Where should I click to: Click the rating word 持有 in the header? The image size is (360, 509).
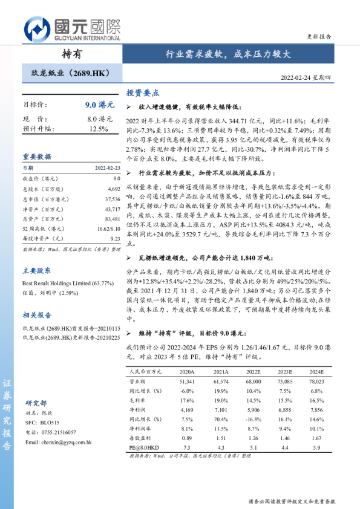[x=72, y=54]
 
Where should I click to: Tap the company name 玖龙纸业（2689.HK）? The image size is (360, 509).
[x=67, y=74]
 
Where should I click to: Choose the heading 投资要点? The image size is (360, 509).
[x=142, y=94]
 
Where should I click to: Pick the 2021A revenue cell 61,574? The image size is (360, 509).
[x=221, y=383]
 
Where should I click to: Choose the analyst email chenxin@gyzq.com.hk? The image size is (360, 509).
[x=58, y=443]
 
